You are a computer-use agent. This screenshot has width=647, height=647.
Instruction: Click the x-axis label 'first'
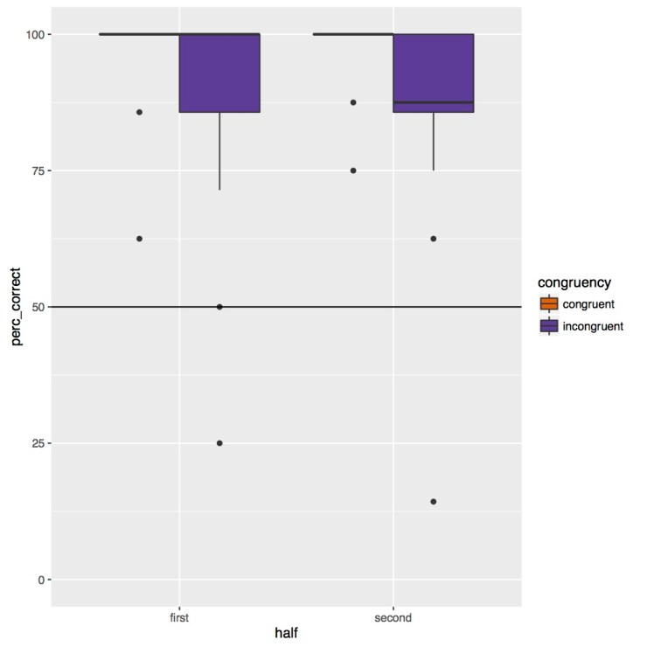(179, 617)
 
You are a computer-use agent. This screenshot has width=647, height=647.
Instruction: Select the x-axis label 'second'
(393, 617)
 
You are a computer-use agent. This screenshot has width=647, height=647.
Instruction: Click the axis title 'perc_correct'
(16, 307)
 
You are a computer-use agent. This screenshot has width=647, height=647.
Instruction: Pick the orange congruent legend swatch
(549, 303)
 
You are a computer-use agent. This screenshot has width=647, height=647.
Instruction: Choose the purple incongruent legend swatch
(549, 325)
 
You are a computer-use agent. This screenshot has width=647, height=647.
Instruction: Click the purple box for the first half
(219, 73)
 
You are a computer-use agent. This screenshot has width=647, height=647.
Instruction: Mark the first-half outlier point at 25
(219, 443)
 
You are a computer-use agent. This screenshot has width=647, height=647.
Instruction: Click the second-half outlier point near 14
(434, 502)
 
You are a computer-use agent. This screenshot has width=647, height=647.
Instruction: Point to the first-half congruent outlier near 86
(139, 112)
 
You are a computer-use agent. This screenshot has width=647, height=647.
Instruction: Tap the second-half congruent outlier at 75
(353, 170)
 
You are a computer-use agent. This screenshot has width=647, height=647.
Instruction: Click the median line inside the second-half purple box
(434, 102)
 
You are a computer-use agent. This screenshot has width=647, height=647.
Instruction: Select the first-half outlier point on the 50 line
(219, 307)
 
